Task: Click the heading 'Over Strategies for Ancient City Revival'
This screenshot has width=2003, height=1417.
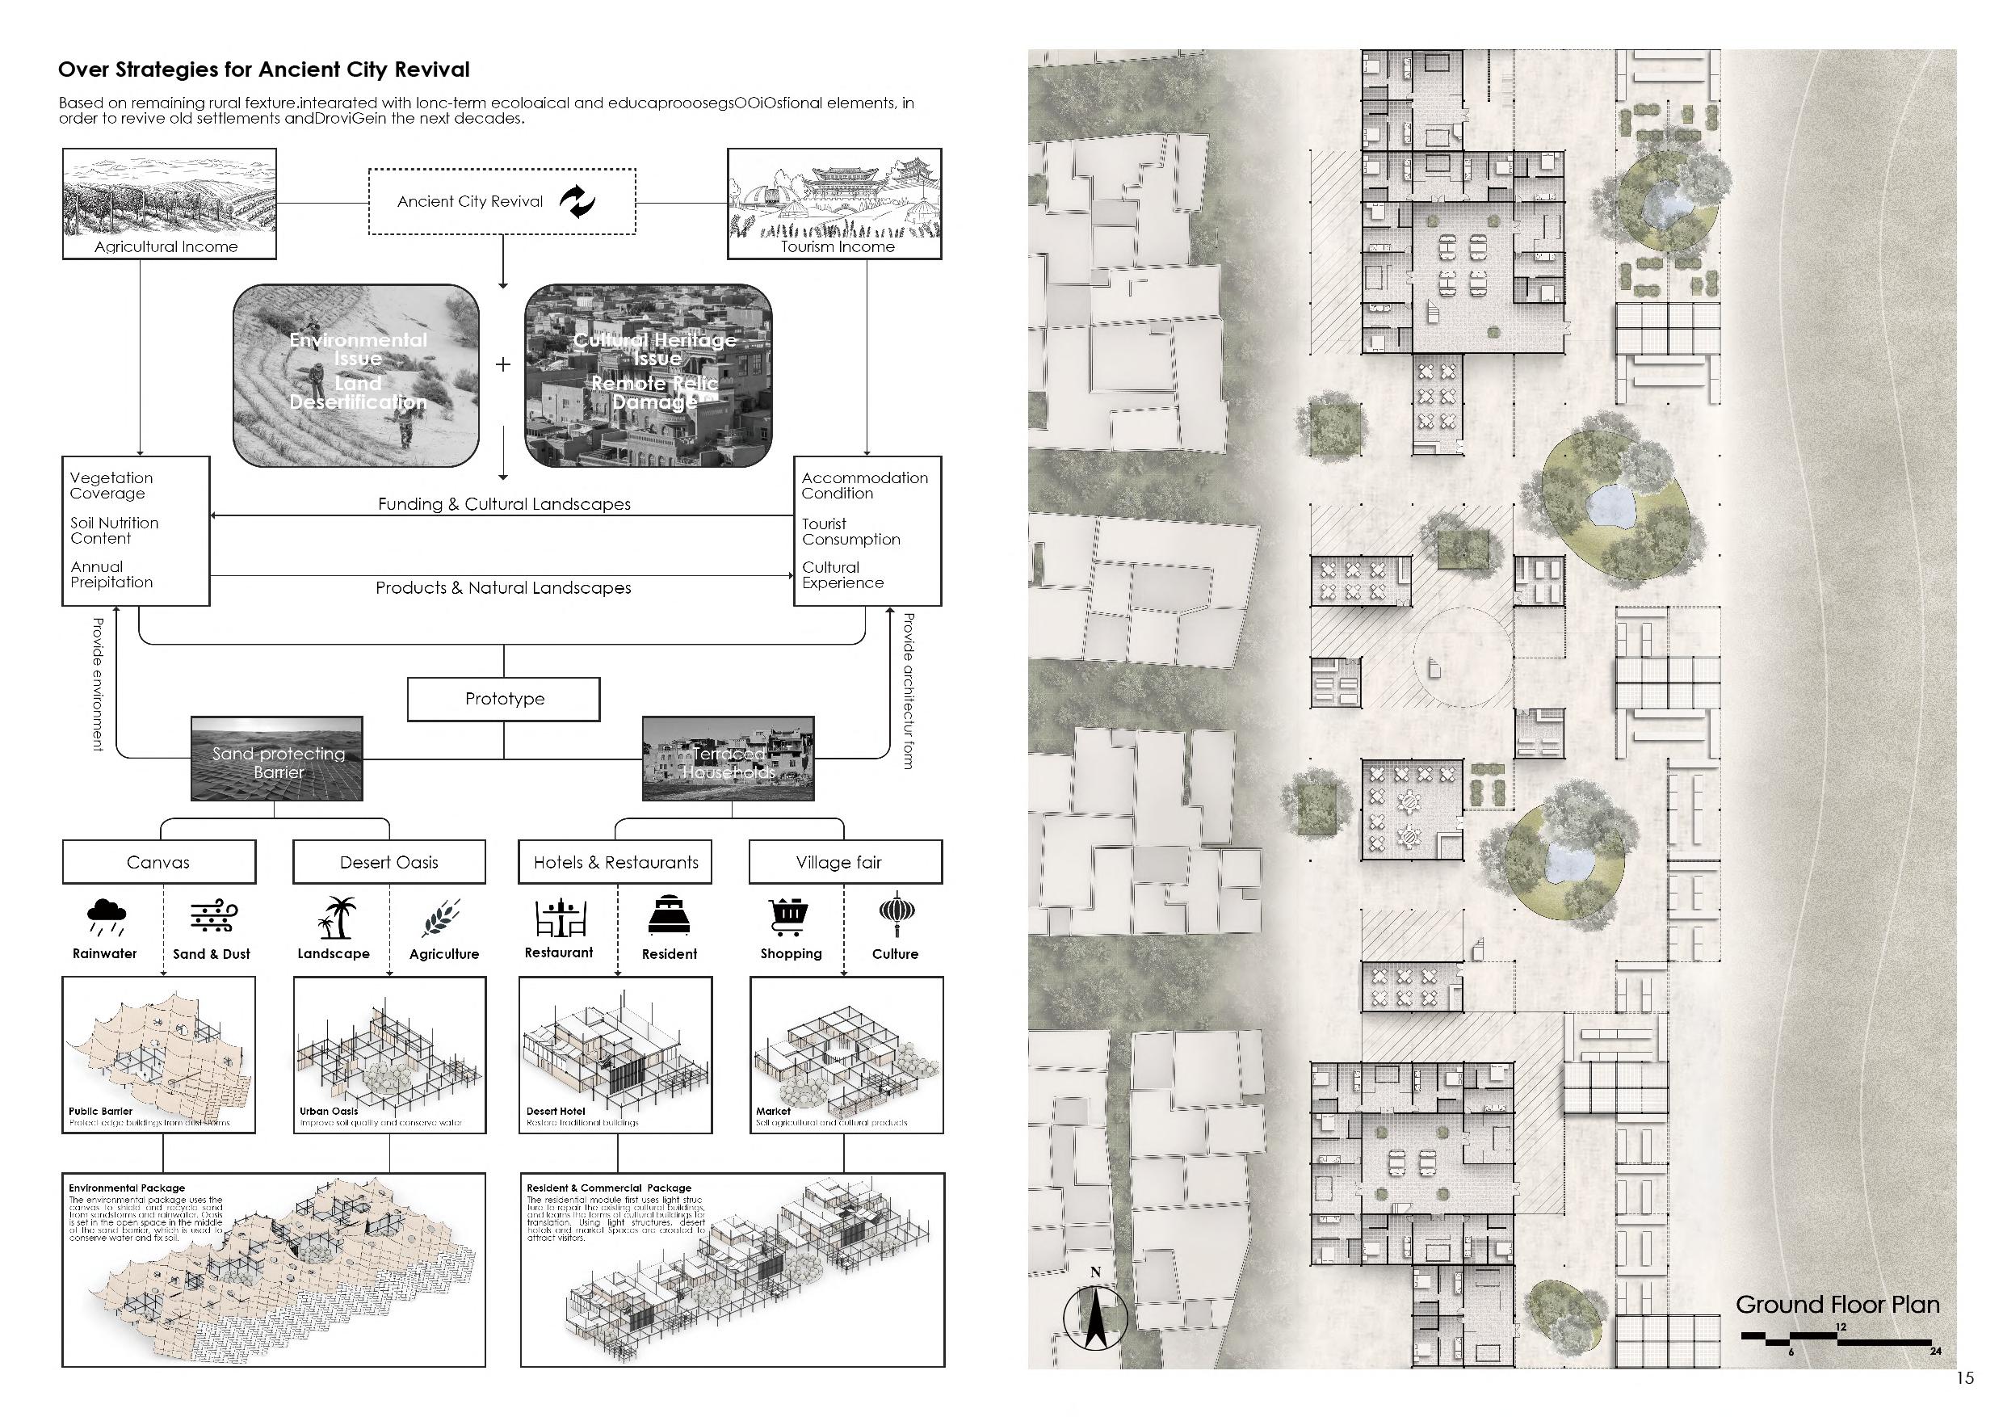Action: coord(263,69)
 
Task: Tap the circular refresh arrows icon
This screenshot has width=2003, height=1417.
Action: coord(577,201)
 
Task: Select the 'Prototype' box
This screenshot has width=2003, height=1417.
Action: coord(504,699)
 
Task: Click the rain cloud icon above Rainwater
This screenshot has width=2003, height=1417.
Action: coord(107,916)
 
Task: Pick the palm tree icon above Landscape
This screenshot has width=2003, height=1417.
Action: coord(336,917)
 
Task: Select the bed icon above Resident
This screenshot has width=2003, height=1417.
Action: coord(669,915)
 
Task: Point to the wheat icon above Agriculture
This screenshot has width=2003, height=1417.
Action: coord(442,917)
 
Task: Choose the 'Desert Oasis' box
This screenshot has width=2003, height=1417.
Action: coord(389,862)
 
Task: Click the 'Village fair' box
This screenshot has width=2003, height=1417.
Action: coord(845,862)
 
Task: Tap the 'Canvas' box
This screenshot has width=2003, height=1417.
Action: coord(159,862)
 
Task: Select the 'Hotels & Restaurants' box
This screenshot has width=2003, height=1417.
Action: coord(616,862)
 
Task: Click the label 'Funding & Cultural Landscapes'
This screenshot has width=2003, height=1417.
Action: coord(503,504)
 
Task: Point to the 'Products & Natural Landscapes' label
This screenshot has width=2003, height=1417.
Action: coord(503,588)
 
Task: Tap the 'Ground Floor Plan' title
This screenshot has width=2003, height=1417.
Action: coord(1837,1305)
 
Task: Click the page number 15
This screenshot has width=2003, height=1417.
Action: coord(1964,1378)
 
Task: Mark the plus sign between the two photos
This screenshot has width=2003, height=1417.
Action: coord(502,364)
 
